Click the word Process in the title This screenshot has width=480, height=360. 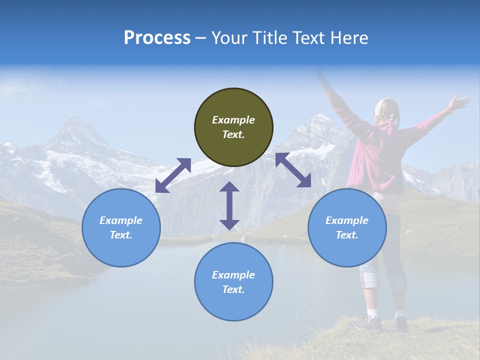coord(157,38)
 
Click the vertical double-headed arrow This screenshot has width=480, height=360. coord(229,205)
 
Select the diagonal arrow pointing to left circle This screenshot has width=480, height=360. coord(173,175)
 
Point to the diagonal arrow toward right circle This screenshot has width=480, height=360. coord(293,169)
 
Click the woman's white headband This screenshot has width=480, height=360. coord(380,105)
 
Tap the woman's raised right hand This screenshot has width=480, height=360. coord(458,102)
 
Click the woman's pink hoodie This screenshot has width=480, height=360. coord(380,160)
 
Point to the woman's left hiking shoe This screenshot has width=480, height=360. coord(370,323)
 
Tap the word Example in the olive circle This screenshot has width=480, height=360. coord(233,120)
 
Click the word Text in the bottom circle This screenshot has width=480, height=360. coord(233,289)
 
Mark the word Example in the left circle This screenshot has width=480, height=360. coord(121,220)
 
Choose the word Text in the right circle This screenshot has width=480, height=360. coord(347,235)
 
